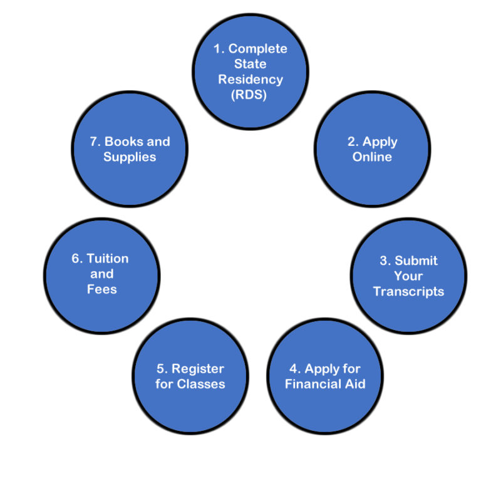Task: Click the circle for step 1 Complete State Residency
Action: (250, 71)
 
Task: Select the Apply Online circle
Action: (372, 149)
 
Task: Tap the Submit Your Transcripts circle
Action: (408, 276)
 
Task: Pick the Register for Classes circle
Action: (190, 376)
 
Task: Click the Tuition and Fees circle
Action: (101, 274)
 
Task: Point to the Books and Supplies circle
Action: (130, 149)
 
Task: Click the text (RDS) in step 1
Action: (250, 96)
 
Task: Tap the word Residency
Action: (250, 80)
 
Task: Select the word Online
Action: (372, 157)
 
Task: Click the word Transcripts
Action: (408, 291)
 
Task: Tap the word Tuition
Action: (108, 259)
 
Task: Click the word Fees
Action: (101, 289)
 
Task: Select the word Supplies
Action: (130, 157)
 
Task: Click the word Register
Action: (198, 368)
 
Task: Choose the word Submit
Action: (416, 261)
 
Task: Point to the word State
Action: (250, 64)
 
